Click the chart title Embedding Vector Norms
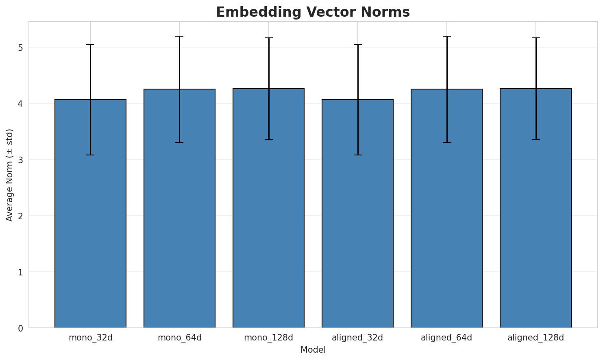coord(313,12)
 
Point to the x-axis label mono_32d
coord(90,338)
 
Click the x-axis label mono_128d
coord(268,338)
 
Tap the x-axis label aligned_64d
coord(446,338)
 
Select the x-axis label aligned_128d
coord(536,338)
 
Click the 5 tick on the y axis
coord(20,48)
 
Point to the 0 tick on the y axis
coord(20,328)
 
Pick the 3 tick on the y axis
coord(20,160)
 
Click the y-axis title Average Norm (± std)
coord(10,175)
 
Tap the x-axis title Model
coord(313,350)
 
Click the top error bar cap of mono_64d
coord(179,36)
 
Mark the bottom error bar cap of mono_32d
coord(90,155)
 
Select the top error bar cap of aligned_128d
coord(536,38)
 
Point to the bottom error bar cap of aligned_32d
coord(357,155)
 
